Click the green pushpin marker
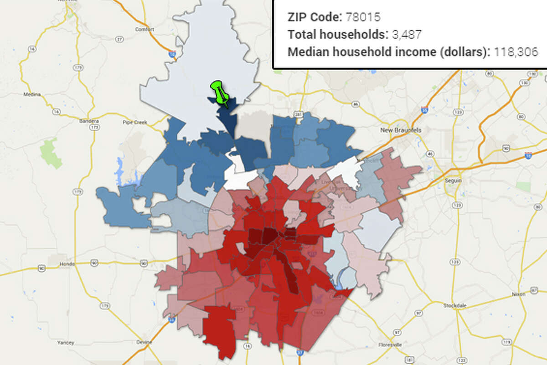[219, 93]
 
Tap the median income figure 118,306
[514, 51]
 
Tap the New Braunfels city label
[401, 130]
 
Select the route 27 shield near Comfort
[120, 39]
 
